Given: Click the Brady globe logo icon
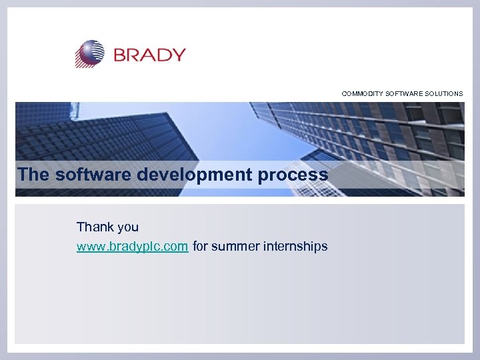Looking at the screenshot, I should pos(90,54).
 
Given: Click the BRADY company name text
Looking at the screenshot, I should pos(149,55).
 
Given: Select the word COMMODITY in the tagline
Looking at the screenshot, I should pos(363,94).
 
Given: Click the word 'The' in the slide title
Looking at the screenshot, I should pos(33,175).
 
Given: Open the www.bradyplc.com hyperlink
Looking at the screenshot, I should pos(132,247).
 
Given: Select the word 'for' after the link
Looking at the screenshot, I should pos(201,247).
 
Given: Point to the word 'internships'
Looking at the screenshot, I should pos(296,247).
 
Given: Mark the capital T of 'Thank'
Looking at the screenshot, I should pos(81,227).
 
